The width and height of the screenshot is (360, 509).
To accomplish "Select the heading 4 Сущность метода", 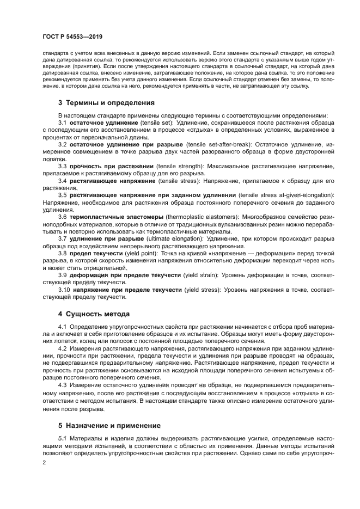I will (94, 314).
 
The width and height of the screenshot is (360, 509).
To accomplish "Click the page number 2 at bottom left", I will (44, 463).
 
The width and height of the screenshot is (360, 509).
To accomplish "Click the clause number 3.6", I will (62, 217).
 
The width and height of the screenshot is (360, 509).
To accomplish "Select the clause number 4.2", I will (62, 348).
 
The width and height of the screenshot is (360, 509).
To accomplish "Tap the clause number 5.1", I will (62, 438).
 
